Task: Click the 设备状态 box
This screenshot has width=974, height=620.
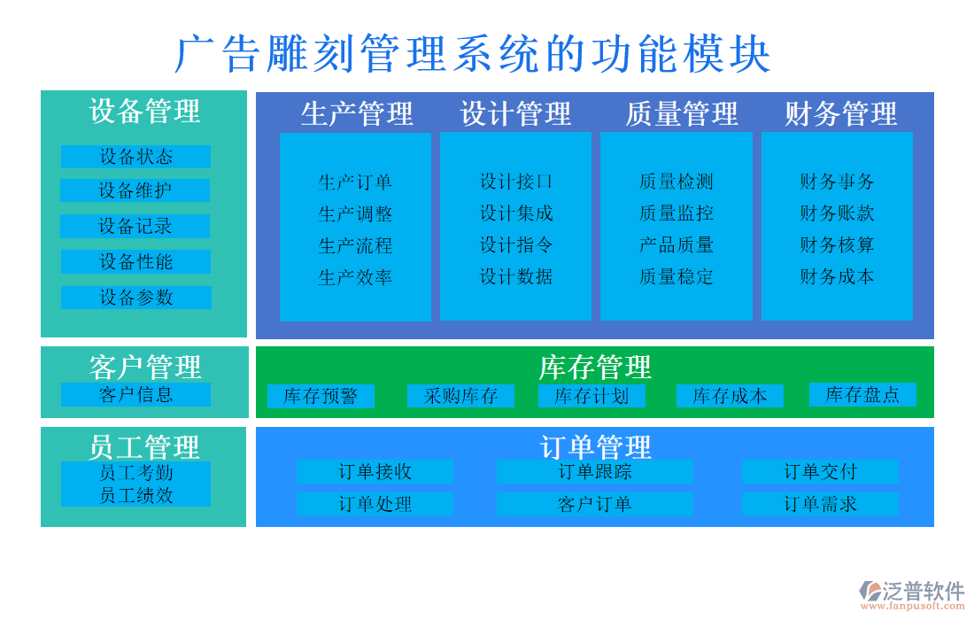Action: pos(135,157)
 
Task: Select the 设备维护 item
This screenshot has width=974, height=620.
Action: pos(135,190)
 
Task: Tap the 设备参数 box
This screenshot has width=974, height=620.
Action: pos(135,298)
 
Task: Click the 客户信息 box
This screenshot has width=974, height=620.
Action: pos(135,394)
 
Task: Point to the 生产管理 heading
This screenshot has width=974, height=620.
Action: pos(357,113)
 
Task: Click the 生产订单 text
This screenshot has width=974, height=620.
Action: pos(355,182)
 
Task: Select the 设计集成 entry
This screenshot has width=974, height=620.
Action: pos(516,213)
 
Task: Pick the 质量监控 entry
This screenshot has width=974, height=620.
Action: pos(676,213)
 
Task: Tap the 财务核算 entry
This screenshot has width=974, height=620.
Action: pos(837,245)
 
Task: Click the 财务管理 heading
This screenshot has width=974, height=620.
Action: pos(840,113)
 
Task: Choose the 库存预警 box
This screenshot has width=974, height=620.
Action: pos(321,396)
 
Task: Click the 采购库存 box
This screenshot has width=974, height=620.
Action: pos(460,396)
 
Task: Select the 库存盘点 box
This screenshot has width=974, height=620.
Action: pos(862,394)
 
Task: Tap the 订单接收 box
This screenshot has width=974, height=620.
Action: pos(375,472)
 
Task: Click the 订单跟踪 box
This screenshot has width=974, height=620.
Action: pos(594,472)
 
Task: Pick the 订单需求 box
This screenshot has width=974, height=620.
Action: pos(820,504)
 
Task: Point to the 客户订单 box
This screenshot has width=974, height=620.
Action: pos(594,504)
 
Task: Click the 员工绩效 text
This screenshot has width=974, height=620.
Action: pos(135,496)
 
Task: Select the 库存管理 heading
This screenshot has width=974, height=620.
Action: pos(594,367)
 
